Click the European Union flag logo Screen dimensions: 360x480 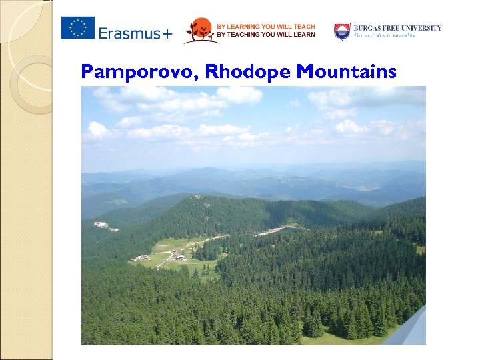tap(78, 28)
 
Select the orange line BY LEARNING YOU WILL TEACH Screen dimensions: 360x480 tap(265, 27)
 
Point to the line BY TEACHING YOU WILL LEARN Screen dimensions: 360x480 tap(265, 35)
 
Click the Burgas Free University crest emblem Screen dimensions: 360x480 tap(342, 31)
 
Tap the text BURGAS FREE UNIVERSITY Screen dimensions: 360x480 tap(397, 28)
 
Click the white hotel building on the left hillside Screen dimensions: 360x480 tap(101, 225)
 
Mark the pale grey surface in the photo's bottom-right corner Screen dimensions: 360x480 tap(409, 330)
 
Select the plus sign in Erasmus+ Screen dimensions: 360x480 tap(166, 33)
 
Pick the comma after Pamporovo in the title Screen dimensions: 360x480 tap(198, 77)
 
